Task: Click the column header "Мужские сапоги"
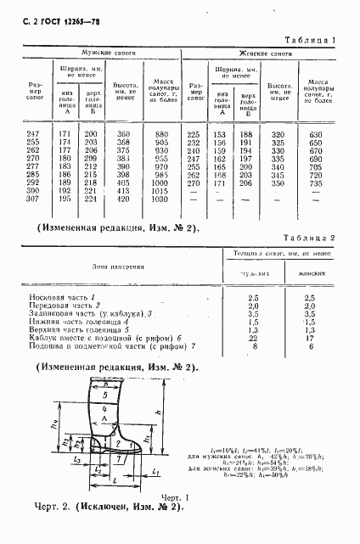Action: click(x=110, y=53)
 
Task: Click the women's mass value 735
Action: click(x=317, y=183)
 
